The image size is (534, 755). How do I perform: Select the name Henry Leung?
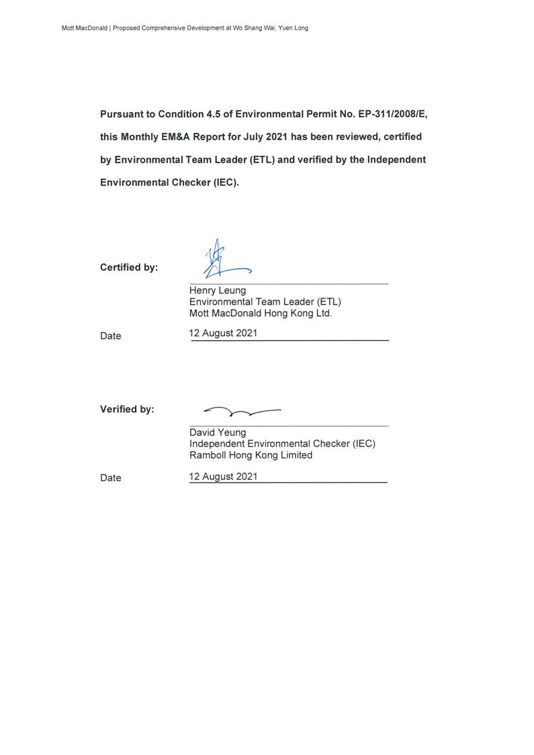coord(218,291)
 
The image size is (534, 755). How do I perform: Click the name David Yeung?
coord(218,432)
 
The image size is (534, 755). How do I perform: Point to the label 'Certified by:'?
coord(129,268)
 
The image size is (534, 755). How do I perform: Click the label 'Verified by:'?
coord(127,409)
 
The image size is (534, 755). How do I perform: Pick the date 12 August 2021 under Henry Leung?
coord(223,333)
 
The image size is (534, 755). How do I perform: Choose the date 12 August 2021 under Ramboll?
coord(223,476)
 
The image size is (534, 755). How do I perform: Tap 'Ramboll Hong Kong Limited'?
coord(251,455)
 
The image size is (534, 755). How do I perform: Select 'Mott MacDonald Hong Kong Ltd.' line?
coord(261,313)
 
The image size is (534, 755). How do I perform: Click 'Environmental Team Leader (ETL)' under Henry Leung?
coord(265,302)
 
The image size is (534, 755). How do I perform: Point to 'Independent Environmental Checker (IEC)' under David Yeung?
coord(282,444)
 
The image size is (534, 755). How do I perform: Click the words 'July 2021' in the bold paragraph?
coord(268,137)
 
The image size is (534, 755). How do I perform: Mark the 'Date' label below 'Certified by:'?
coord(111,336)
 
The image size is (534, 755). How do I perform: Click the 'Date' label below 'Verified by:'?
coord(111,478)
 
